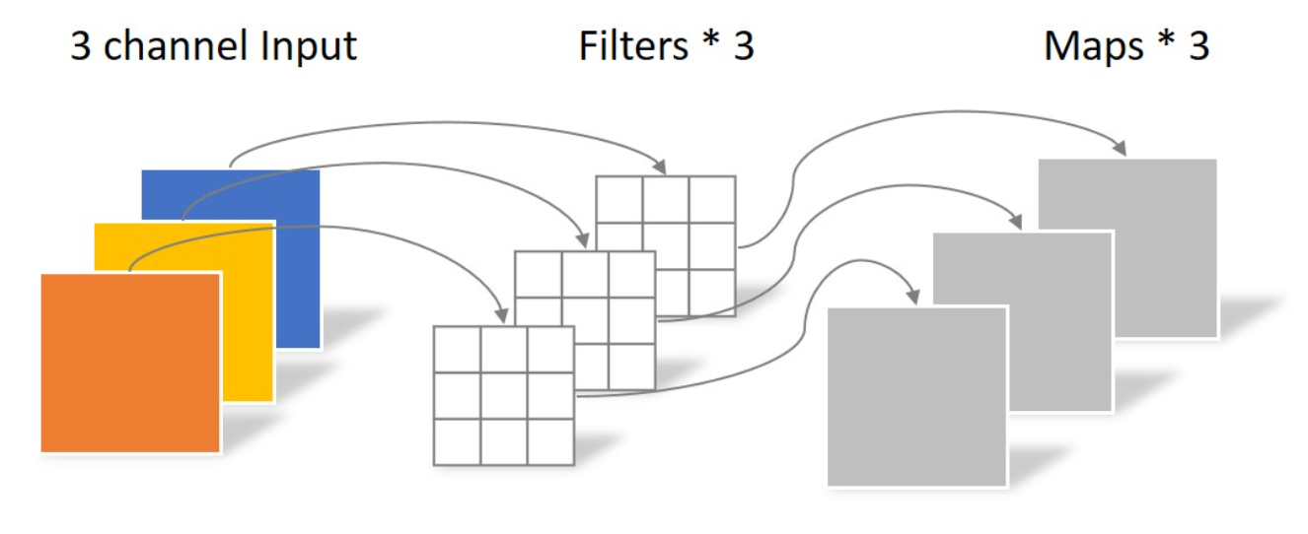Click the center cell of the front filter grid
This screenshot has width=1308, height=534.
[504, 395]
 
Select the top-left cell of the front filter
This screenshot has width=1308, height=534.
[458, 349]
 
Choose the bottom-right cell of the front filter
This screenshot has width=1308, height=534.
[550, 441]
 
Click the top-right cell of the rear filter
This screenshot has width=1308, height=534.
[712, 199]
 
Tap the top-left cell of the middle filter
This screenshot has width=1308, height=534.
[539, 274]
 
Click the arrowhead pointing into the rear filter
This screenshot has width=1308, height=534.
[666, 167]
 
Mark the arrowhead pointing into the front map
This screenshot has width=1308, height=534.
[913, 295]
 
